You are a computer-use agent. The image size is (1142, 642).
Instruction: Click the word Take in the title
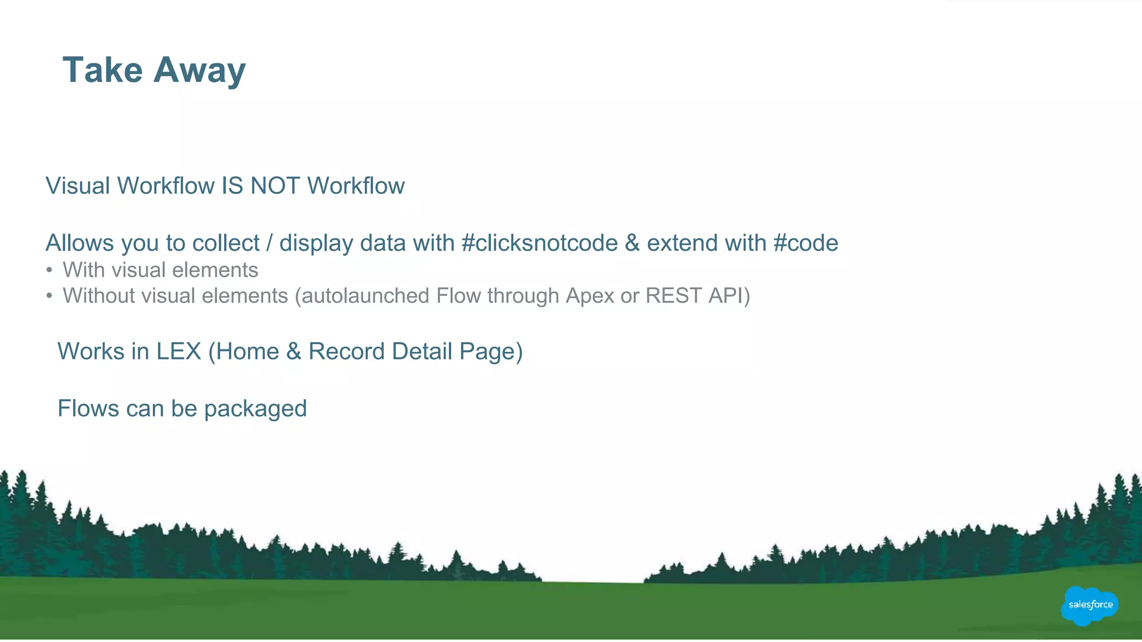(103, 70)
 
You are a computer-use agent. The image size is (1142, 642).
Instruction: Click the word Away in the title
(199, 71)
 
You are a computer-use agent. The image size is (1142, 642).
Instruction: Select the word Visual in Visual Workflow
(78, 186)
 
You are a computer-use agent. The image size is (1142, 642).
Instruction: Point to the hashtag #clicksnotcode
(540, 243)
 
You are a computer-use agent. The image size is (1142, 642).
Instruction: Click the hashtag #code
(806, 243)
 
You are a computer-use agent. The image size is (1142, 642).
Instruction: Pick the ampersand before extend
(632, 243)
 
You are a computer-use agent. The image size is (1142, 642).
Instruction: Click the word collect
(226, 244)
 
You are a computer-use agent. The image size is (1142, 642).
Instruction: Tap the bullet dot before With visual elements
(50, 271)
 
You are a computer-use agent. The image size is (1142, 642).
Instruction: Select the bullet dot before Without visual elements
(50, 296)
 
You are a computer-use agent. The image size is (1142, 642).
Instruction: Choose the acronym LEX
(178, 352)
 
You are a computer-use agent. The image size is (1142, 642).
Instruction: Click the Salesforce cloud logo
(1090, 605)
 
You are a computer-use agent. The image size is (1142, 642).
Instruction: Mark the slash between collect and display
(269, 243)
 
